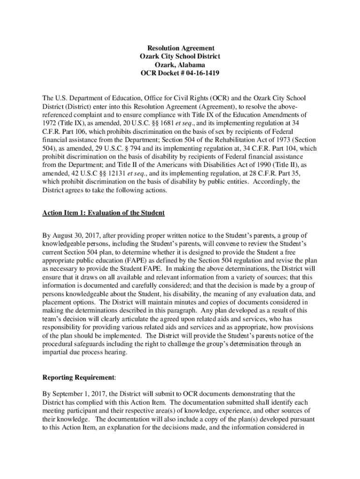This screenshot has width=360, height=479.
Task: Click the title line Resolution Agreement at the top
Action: click(x=180, y=48)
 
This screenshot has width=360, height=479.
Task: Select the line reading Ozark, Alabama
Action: click(x=180, y=65)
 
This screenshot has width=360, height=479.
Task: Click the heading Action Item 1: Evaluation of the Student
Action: click(x=103, y=213)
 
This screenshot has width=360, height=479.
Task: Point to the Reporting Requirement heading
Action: click(x=78, y=377)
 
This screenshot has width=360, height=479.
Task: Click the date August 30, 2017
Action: click(x=76, y=235)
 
